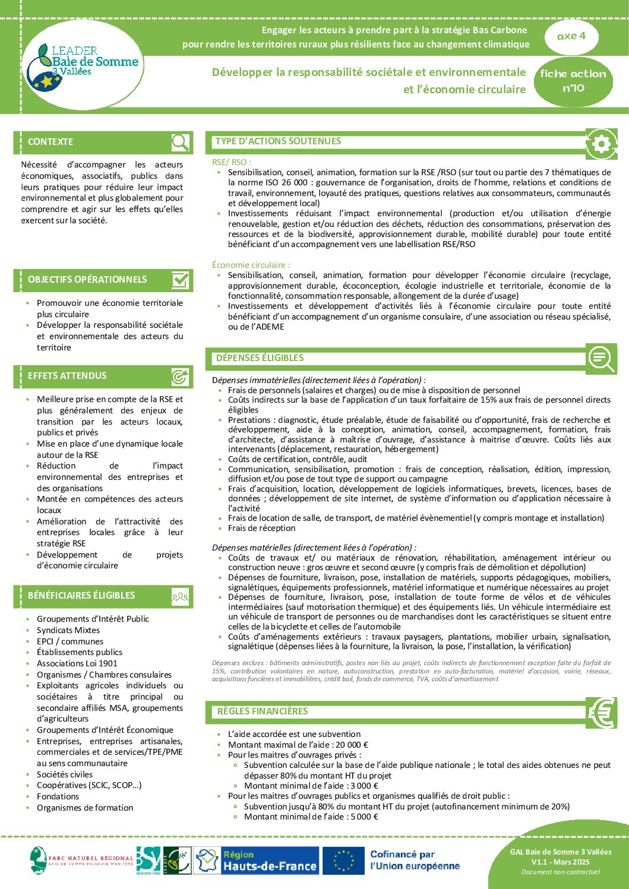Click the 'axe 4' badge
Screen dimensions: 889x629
[x=571, y=36]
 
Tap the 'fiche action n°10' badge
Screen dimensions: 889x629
[x=573, y=81]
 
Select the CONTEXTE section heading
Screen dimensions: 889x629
[x=50, y=142]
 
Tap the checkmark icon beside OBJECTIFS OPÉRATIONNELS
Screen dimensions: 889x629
[x=180, y=280]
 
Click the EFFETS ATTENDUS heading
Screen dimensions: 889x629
[x=67, y=376]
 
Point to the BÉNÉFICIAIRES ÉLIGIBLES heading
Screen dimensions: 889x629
[x=81, y=596]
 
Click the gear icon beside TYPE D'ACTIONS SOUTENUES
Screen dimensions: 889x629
[x=600, y=144]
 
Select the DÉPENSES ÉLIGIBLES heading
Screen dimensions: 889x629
[x=260, y=358]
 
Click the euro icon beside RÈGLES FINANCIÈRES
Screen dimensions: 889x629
[x=601, y=712]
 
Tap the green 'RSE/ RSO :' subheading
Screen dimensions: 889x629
[x=232, y=162]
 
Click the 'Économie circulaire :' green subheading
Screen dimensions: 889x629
[x=251, y=265]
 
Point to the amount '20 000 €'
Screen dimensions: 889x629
[x=352, y=745]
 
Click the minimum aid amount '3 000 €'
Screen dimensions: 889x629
[x=365, y=786]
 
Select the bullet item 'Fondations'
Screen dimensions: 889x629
[x=58, y=796]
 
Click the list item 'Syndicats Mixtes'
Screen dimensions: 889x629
[x=68, y=630]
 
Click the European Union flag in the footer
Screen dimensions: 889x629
[x=343, y=860]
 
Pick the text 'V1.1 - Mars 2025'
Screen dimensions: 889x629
[x=560, y=862]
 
